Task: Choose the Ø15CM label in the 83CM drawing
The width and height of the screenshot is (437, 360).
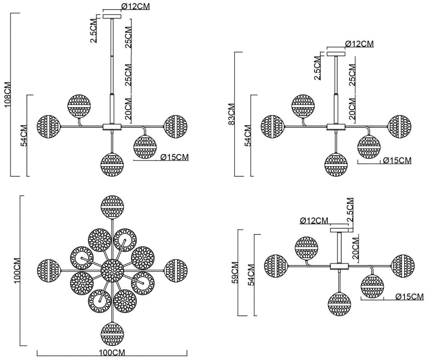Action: point(397,161)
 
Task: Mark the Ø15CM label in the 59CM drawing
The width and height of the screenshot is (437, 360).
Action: point(409,297)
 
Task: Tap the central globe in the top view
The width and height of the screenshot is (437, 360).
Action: point(112,270)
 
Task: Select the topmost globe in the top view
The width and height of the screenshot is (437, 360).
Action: point(113,206)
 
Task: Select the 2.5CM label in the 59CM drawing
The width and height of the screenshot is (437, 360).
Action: point(350,212)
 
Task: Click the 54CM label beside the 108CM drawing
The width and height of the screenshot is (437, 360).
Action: point(24,136)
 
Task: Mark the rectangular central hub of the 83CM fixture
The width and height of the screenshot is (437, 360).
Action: point(336,127)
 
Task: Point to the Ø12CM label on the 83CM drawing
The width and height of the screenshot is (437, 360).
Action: point(359,44)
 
